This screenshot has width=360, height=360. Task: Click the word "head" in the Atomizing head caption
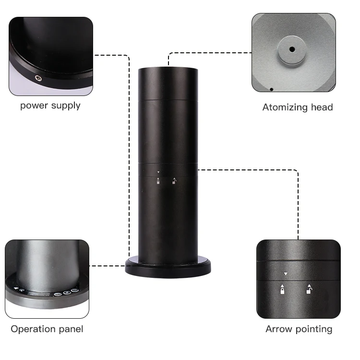pyautogui.click(x=321, y=108)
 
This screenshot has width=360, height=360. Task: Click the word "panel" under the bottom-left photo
pyautogui.click(x=70, y=329)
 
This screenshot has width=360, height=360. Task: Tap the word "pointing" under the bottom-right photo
pyautogui.click(x=313, y=329)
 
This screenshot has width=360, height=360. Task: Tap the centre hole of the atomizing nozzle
pyautogui.click(x=291, y=49)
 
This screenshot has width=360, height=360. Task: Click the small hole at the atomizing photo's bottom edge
pyautogui.click(x=271, y=89)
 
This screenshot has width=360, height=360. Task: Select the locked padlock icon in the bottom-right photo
pyautogui.click(x=282, y=290)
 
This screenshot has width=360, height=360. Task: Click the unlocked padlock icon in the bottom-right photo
pyautogui.click(x=309, y=290)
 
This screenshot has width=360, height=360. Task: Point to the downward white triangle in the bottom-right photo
pyautogui.click(x=286, y=274)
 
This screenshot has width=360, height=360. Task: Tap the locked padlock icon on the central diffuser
pyautogui.click(x=158, y=181)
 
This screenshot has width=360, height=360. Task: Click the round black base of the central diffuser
pyautogui.click(x=168, y=267)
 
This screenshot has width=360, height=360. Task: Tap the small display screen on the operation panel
pyautogui.click(x=38, y=292)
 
